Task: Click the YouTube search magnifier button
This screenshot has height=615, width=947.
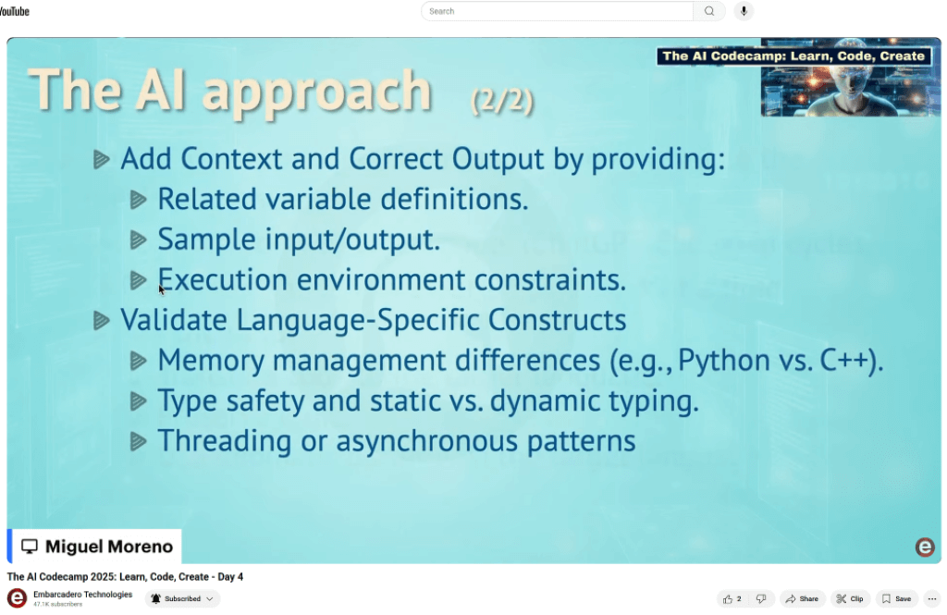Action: (709, 11)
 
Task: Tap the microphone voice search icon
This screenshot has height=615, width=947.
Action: (744, 11)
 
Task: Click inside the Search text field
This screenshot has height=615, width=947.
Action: (557, 11)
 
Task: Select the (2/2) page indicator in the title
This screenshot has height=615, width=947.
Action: (502, 100)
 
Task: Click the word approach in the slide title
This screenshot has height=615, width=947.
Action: (317, 93)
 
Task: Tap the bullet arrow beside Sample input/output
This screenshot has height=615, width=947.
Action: (139, 240)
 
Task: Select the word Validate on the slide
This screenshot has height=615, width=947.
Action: (173, 320)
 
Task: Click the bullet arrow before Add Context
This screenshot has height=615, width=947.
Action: (102, 159)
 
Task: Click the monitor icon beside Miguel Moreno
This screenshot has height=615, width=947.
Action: (30, 547)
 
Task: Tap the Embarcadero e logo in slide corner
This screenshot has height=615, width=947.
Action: (925, 547)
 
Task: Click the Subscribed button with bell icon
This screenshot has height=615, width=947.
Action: (182, 598)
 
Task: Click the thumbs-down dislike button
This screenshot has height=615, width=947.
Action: (761, 598)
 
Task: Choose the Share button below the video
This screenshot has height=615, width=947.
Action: (802, 598)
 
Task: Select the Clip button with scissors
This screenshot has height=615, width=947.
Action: (850, 598)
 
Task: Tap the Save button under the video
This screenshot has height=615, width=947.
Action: (896, 598)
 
